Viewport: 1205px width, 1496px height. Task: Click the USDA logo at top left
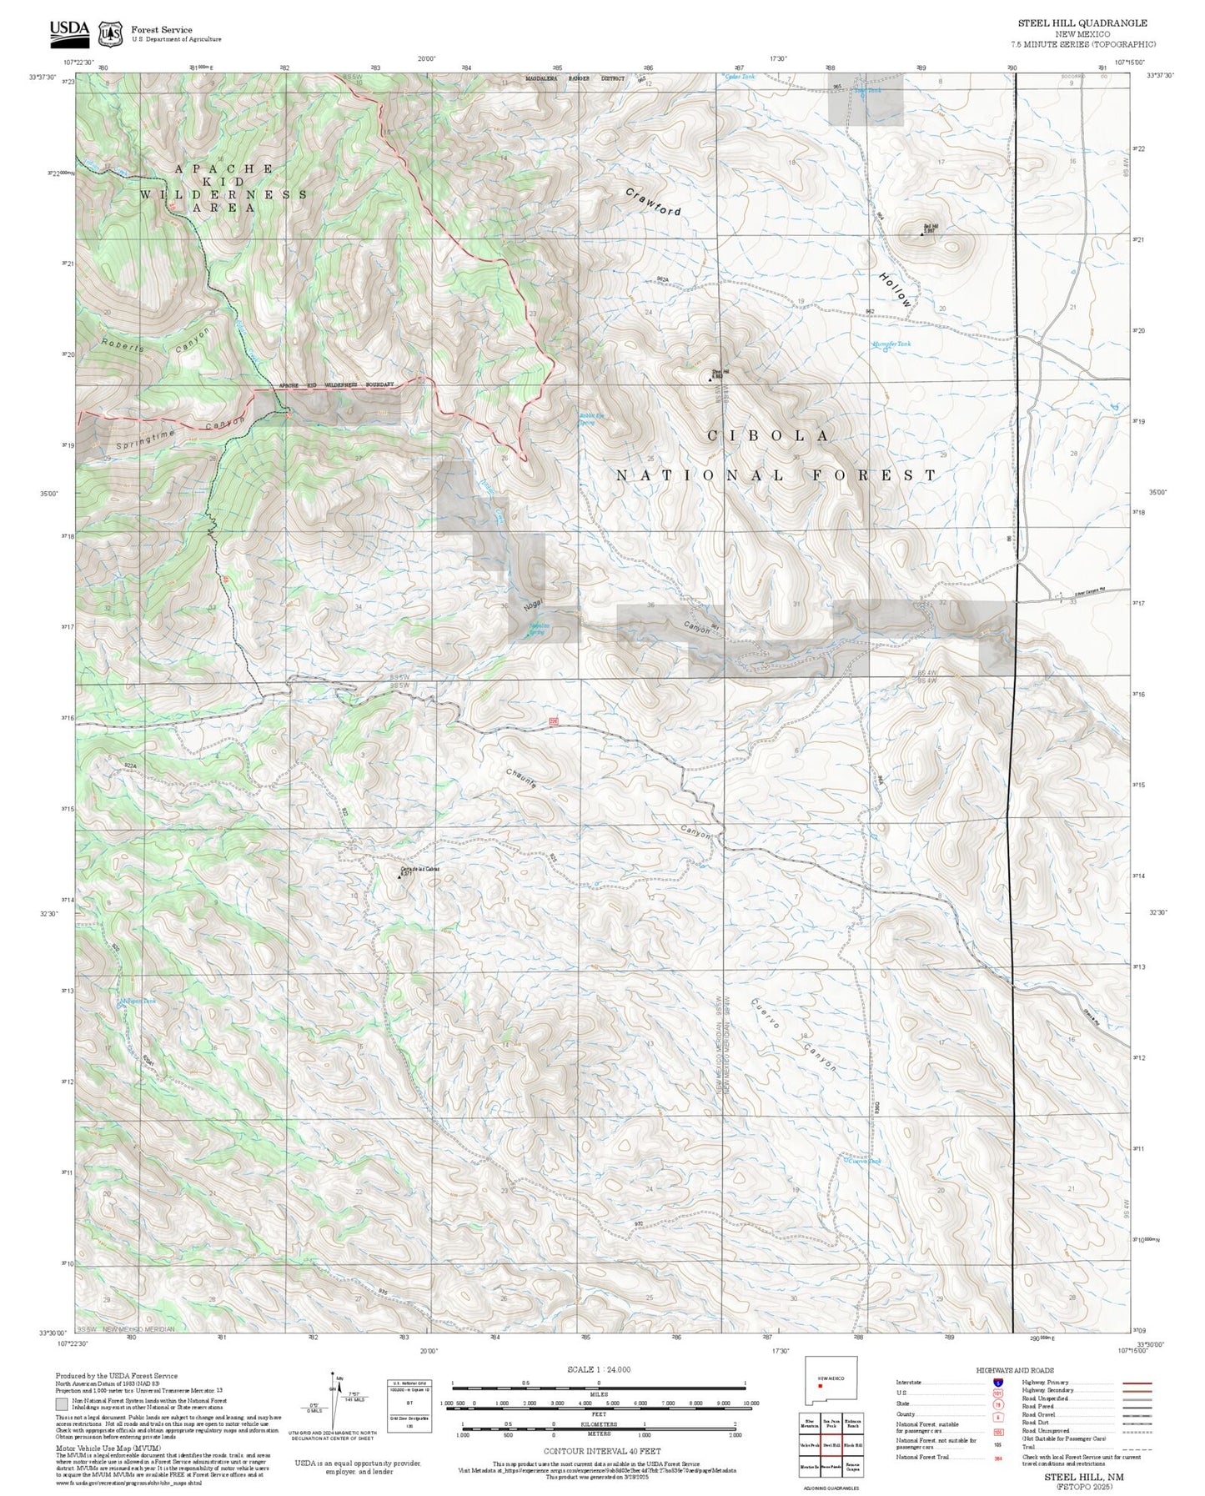point(69,30)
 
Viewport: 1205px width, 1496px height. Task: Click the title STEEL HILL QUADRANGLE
point(1082,23)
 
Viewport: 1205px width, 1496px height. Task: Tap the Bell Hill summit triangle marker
point(921,234)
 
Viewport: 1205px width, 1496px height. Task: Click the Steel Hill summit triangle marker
point(710,379)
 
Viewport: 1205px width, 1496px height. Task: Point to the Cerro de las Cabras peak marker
point(399,876)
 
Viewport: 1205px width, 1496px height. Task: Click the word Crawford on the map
point(654,202)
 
